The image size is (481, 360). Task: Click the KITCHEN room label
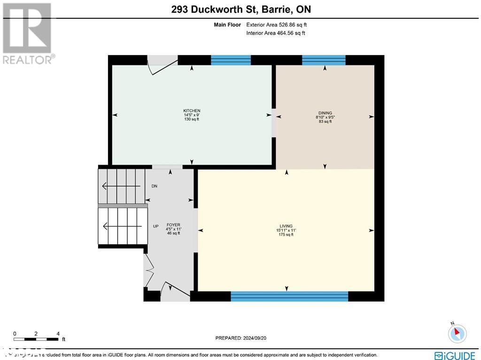click(x=192, y=111)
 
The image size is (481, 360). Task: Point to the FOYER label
click(x=173, y=225)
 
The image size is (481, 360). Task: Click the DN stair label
click(x=154, y=186)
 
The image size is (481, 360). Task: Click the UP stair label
click(x=155, y=226)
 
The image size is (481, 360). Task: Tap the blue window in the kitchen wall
click(x=231, y=60)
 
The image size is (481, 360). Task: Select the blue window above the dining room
click(x=324, y=60)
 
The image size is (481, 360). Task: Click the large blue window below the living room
click(x=289, y=296)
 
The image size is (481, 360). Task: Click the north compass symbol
click(x=456, y=333)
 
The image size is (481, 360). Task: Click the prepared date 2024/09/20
click(x=243, y=338)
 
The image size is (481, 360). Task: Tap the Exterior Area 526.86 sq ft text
click(x=276, y=25)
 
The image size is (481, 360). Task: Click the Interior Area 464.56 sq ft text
click(x=275, y=33)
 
